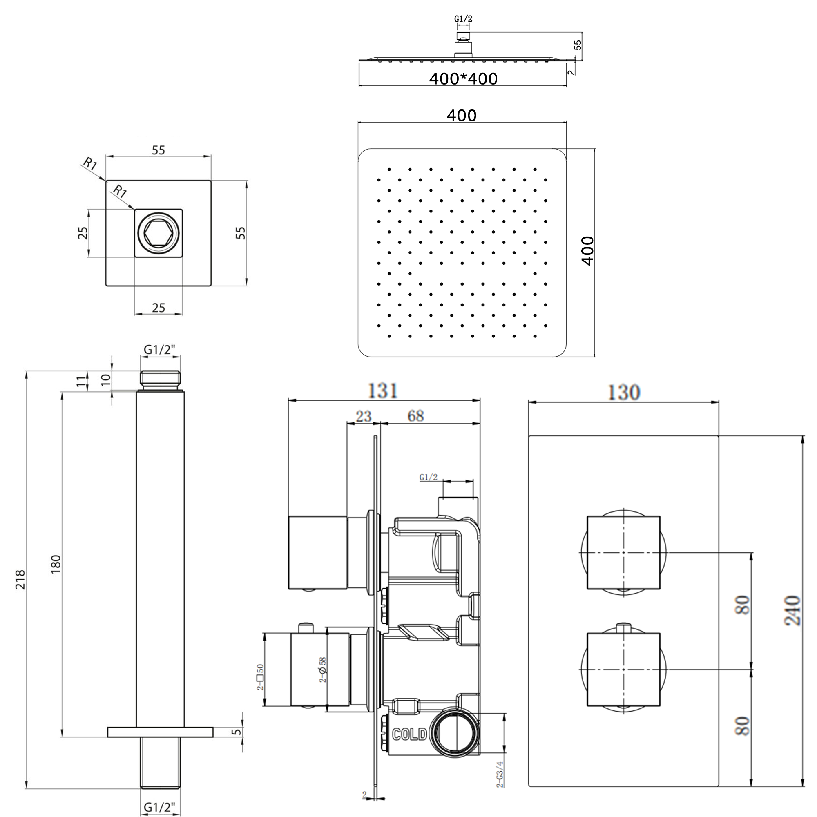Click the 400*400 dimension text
point(463,79)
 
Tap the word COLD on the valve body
point(409,734)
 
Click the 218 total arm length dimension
point(20,579)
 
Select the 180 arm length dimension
point(56,565)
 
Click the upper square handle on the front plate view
point(623,552)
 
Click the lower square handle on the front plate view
point(623,670)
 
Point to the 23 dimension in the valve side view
point(363,416)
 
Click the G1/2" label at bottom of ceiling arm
point(159,807)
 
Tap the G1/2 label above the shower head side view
point(463,19)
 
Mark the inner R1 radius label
point(120,192)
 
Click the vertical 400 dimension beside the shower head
point(588,251)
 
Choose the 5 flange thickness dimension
point(238,732)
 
